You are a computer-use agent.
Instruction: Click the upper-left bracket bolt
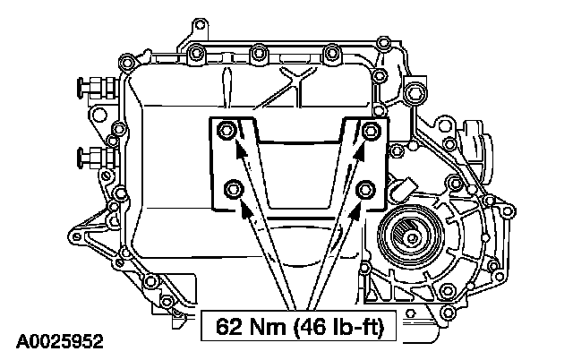228,132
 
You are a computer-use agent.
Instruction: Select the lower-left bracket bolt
234,189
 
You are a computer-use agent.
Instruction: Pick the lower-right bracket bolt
364,189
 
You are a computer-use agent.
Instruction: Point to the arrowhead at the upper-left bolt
239,149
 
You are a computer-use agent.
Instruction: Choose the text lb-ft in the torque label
355,327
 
